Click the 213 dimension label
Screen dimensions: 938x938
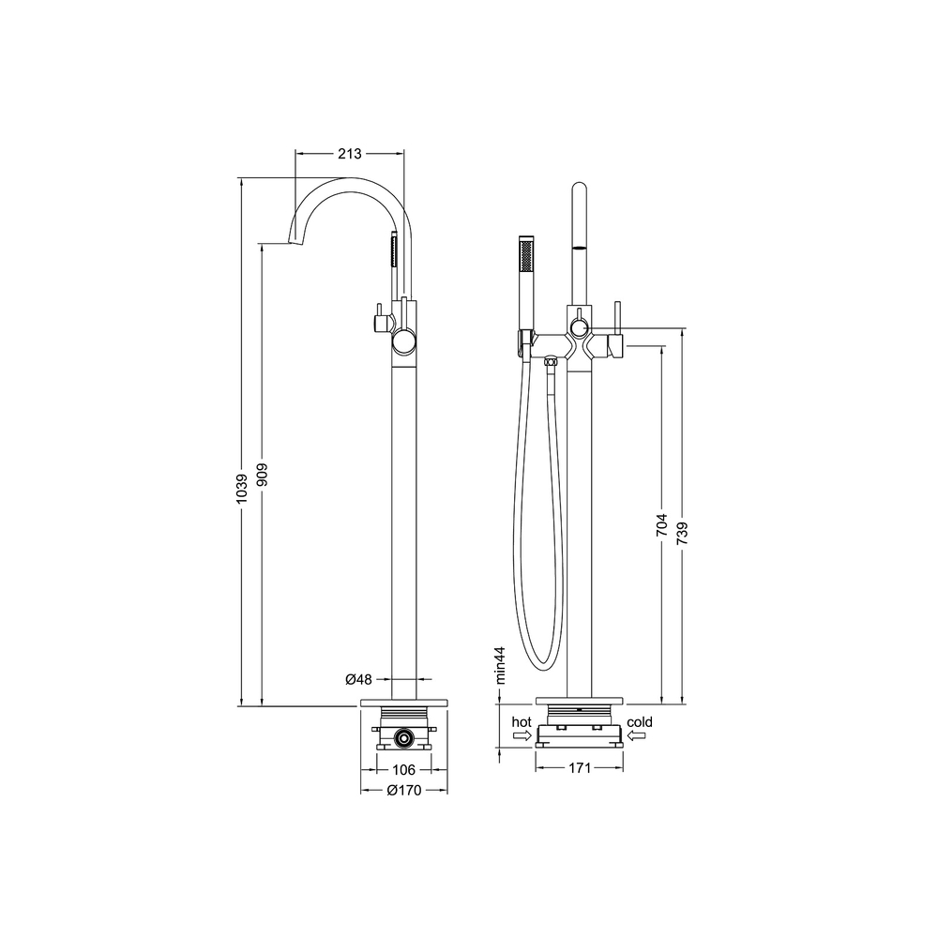point(349,154)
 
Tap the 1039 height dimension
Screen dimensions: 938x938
point(242,488)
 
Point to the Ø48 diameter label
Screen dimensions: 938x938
point(359,679)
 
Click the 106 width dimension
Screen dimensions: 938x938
point(403,770)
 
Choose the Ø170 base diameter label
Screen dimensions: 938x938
point(404,790)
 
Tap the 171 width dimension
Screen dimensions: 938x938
point(580,768)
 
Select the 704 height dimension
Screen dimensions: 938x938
point(661,524)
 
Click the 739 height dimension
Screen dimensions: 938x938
point(683,533)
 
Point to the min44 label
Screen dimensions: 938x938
point(500,665)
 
